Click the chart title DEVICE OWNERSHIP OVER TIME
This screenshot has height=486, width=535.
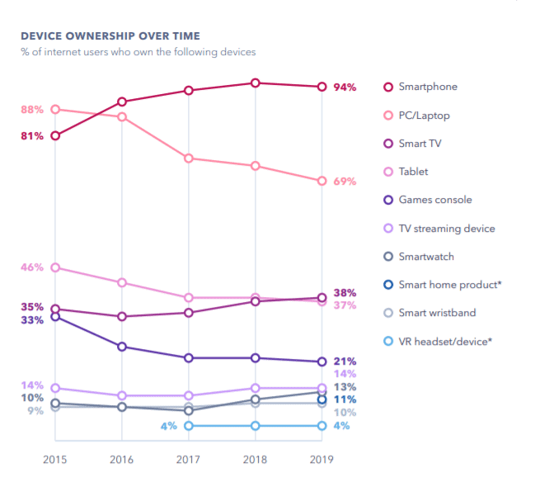click(x=110, y=36)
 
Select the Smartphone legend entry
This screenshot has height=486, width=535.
click(x=427, y=87)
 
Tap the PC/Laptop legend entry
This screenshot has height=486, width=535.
click(x=424, y=116)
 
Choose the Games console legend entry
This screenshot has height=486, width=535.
click(x=434, y=200)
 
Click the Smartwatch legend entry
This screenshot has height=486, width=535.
click(x=425, y=257)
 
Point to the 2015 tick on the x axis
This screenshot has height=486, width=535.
click(x=55, y=459)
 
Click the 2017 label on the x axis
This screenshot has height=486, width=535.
click(x=189, y=459)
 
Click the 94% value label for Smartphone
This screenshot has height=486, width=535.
click(x=345, y=87)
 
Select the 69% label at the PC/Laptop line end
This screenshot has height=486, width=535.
click(x=345, y=181)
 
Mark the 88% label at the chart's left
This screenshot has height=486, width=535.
click(x=32, y=110)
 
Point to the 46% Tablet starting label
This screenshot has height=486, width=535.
click(x=32, y=267)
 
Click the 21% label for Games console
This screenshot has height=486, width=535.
click(x=345, y=361)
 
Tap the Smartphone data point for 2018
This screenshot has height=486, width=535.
click(x=256, y=83)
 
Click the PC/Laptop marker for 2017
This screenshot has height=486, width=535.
click(x=189, y=158)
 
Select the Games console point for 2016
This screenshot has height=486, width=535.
click(x=122, y=347)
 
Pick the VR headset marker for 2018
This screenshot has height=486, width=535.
click(x=256, y=426)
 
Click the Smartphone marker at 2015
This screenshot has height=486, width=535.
click(x=55, y=135)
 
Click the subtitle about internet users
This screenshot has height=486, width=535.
click(x=138, y=52)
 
